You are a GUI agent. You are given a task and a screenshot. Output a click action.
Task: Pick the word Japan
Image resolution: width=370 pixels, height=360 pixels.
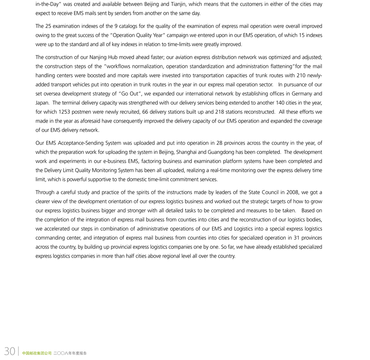tap(43, 102)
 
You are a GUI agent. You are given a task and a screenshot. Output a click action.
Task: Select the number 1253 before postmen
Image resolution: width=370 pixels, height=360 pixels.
tap(67, 111)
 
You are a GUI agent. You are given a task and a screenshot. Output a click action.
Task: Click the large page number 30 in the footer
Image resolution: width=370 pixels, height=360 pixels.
tap(9, 351)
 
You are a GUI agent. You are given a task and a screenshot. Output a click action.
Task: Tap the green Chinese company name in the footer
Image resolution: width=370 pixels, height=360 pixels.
tap(37, 353)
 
